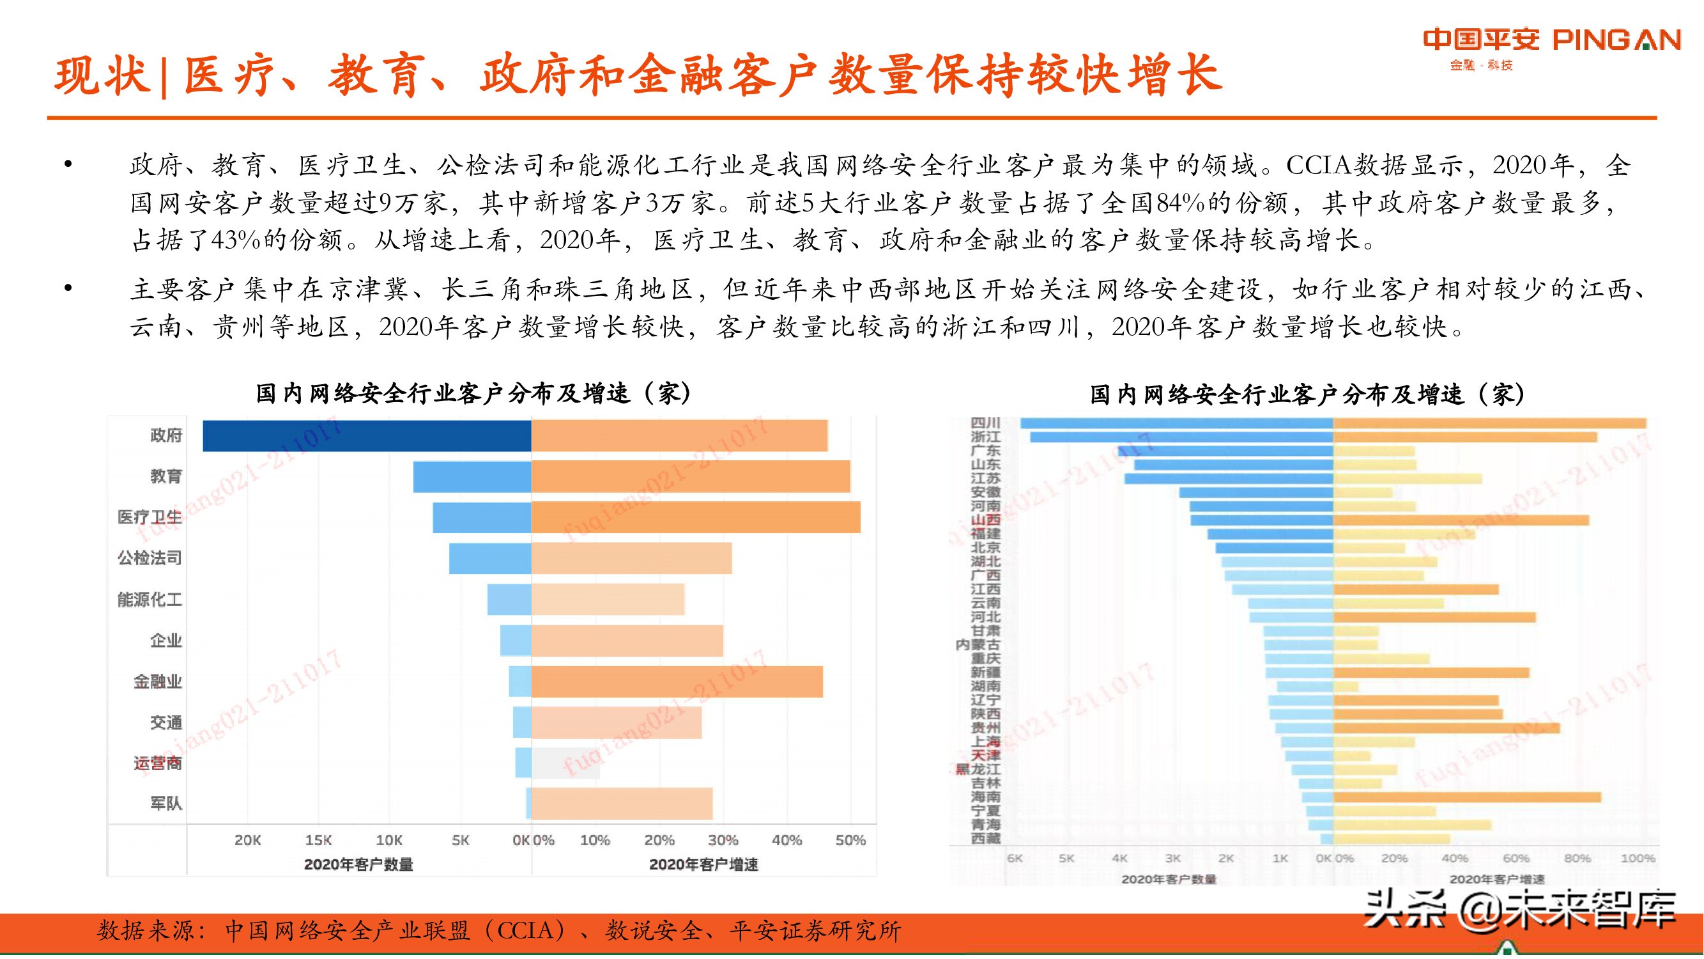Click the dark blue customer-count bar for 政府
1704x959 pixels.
pyautogui.click(x=367, y=436)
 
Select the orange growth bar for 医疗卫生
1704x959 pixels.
pyautogui.click(x=695, y=518)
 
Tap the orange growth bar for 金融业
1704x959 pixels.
pyautogui.click(x=677, y=682)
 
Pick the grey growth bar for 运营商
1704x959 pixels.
pyautogui.click(x=565, y=763)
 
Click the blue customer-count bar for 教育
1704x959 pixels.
pyautogui.click(x=472, y=476)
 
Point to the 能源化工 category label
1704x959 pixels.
pyautogui.click(x=150, y=600)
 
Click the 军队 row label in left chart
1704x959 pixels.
pyautogui.click(x=165, y=804)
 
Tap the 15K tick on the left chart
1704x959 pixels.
pyautogui.click(x=318, y=841)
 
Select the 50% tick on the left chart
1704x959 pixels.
pyautogui.click(x=850, y=841)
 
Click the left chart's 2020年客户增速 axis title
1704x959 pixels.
pyautogui.click(x=703, y=864)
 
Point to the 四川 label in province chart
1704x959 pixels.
pyautogui.click(x=985, y=423)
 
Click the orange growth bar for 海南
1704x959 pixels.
pyautogui.click(x=1466, y=797)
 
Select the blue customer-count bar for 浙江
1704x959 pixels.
pyautogui.click(x=1181, y=437)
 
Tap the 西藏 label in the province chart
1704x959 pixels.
pyautogui.click(x=985, y=839)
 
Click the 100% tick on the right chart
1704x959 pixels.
pyautogui.click(x=1637, y=859)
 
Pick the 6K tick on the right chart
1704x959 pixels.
pyautogui.click(x=1015, y=859)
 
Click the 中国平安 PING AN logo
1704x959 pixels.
pyautogui.click(x=1551, y=41)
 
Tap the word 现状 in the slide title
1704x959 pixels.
pyautogui.click(x=100, y=75)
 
